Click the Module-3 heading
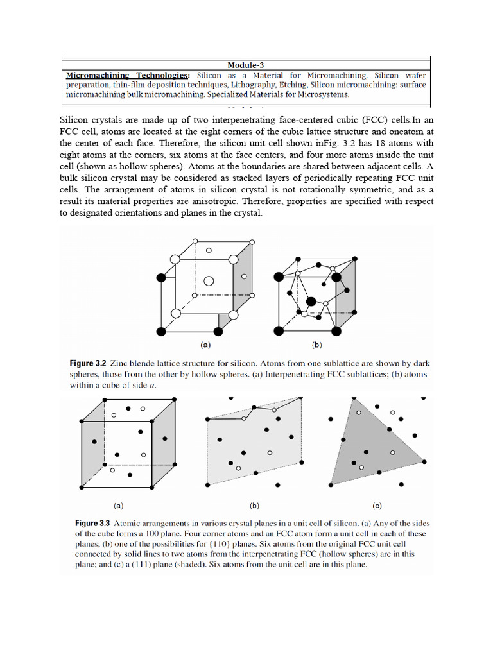245,64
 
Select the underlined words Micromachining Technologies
127,75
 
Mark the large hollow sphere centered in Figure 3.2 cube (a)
209,280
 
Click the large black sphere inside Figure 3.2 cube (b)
311,301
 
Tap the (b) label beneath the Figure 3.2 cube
316,345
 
